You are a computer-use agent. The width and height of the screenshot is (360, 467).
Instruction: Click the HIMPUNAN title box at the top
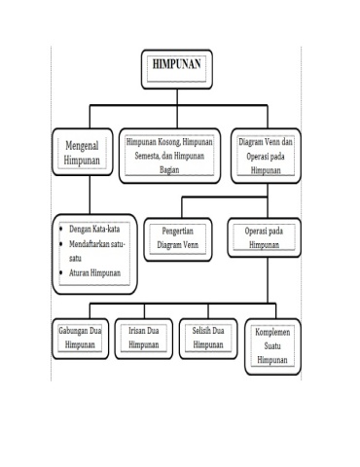(177, 69)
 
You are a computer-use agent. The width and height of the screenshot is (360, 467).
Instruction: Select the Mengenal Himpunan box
(83, 152)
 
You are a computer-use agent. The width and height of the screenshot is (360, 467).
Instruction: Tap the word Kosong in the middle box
(168, 142)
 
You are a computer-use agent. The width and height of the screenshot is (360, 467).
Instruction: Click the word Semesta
(147, 156)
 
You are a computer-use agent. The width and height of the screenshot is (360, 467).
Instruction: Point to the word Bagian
(169, 169)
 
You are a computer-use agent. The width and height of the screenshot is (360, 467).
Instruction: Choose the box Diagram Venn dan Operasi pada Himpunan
(266, 156)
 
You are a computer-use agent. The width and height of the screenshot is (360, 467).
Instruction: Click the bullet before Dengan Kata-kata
(61, 229)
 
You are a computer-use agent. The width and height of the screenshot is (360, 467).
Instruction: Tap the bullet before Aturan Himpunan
(61, 272)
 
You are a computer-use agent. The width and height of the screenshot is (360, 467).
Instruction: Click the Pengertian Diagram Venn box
(178, 239)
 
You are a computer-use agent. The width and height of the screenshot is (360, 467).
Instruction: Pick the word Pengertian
(177, 232)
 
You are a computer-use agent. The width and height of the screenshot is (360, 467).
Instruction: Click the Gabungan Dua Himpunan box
(80, 339)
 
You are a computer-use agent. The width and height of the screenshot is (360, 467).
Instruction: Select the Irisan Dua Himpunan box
(144, 339)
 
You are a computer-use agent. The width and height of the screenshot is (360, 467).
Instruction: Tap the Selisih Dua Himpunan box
(208, 339)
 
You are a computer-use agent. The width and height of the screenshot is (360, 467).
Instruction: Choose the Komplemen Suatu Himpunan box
(272, 346)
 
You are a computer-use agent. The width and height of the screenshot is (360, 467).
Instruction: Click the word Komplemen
(272, 332)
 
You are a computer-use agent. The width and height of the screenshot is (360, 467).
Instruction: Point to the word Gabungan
(73, 331)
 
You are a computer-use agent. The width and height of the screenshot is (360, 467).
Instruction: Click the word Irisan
(136, 331)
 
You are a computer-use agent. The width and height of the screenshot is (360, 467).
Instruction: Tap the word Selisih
(200, 331)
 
